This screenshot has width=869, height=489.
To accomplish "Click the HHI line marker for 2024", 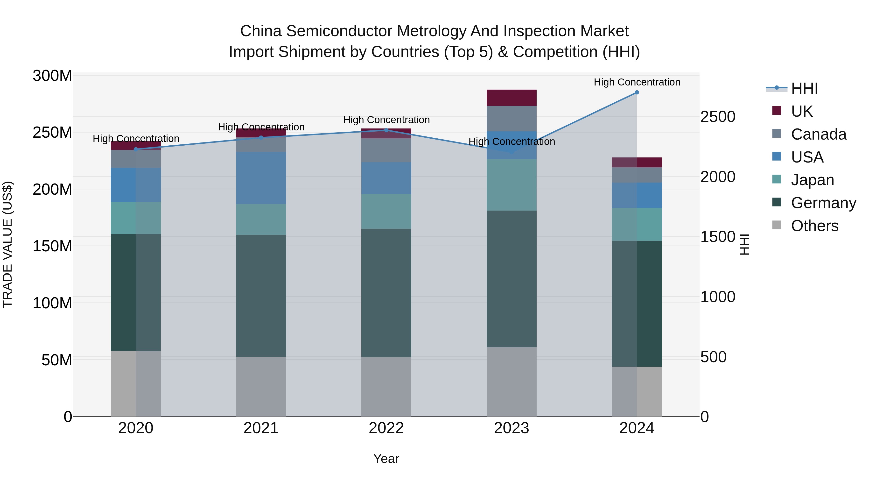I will coord(637,92).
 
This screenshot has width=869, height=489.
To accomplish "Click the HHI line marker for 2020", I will coord(136,149).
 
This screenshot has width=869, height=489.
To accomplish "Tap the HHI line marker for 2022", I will coord(386,130).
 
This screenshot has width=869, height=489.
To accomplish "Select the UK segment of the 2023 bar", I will coord(512,98).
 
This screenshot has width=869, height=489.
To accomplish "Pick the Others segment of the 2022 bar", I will coord(386,387).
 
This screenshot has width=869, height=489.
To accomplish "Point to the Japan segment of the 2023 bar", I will coord(512,185).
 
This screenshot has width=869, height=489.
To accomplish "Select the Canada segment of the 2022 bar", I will coord(386,150).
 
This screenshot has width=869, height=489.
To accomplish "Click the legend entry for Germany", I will coord(823,203).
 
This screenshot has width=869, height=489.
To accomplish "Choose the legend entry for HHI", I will coord(804,88).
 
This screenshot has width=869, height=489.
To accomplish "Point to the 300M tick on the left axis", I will coord(52,76).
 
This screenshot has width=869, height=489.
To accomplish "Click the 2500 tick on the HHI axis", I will coord(718,117).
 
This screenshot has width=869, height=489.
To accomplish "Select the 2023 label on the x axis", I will coord(512,428).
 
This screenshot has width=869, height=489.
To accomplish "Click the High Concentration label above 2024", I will coord(637,82).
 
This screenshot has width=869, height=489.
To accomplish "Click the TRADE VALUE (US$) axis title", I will coord(8,244).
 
